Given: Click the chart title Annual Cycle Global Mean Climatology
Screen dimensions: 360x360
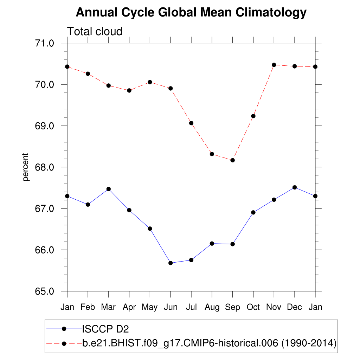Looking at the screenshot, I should (191, 13).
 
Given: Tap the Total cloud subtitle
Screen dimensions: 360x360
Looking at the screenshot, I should (95, 31).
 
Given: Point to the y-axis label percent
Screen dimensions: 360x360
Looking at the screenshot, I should (25, 167).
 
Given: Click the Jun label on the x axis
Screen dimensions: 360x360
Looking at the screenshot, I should (171, 307).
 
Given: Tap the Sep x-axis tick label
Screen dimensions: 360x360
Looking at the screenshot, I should (232, 307).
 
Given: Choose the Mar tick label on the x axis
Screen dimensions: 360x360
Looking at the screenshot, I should (108, 307).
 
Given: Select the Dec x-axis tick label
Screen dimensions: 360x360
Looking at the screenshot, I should (295, 307).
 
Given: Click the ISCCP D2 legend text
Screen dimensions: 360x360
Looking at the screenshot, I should (105, 329).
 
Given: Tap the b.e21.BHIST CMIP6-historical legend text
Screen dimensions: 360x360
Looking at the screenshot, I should (210, 343).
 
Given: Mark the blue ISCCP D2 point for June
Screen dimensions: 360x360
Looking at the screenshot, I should (171, 263).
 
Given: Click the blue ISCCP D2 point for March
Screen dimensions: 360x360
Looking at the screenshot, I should (109, 189).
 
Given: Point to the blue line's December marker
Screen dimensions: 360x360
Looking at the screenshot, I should (295, 187).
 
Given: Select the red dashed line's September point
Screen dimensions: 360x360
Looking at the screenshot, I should (232, 160).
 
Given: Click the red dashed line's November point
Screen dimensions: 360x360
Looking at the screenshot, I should (274, 65).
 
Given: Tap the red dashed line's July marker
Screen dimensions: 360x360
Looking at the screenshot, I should (191, 123).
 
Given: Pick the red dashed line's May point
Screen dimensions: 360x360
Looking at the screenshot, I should (150, 82).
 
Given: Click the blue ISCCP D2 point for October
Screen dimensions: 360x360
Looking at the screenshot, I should (253, 212).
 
